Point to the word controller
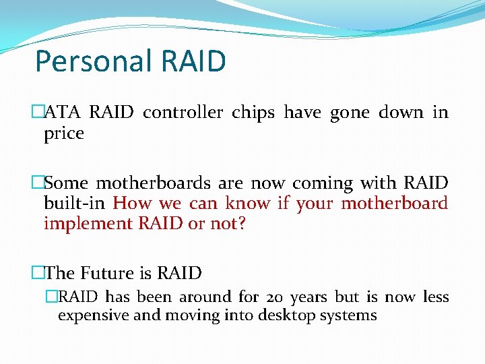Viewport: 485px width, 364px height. (183, 113)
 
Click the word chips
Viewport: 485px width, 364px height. (253, 113)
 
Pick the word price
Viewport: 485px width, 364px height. (63, 133)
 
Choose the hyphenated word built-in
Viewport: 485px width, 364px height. (75, 204)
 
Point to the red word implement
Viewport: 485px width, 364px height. (87, 224)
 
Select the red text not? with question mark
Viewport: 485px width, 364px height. (227, 224)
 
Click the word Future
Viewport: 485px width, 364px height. (107, 273)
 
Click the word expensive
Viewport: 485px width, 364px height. (88, 315)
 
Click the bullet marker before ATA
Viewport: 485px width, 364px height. (37, 113)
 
